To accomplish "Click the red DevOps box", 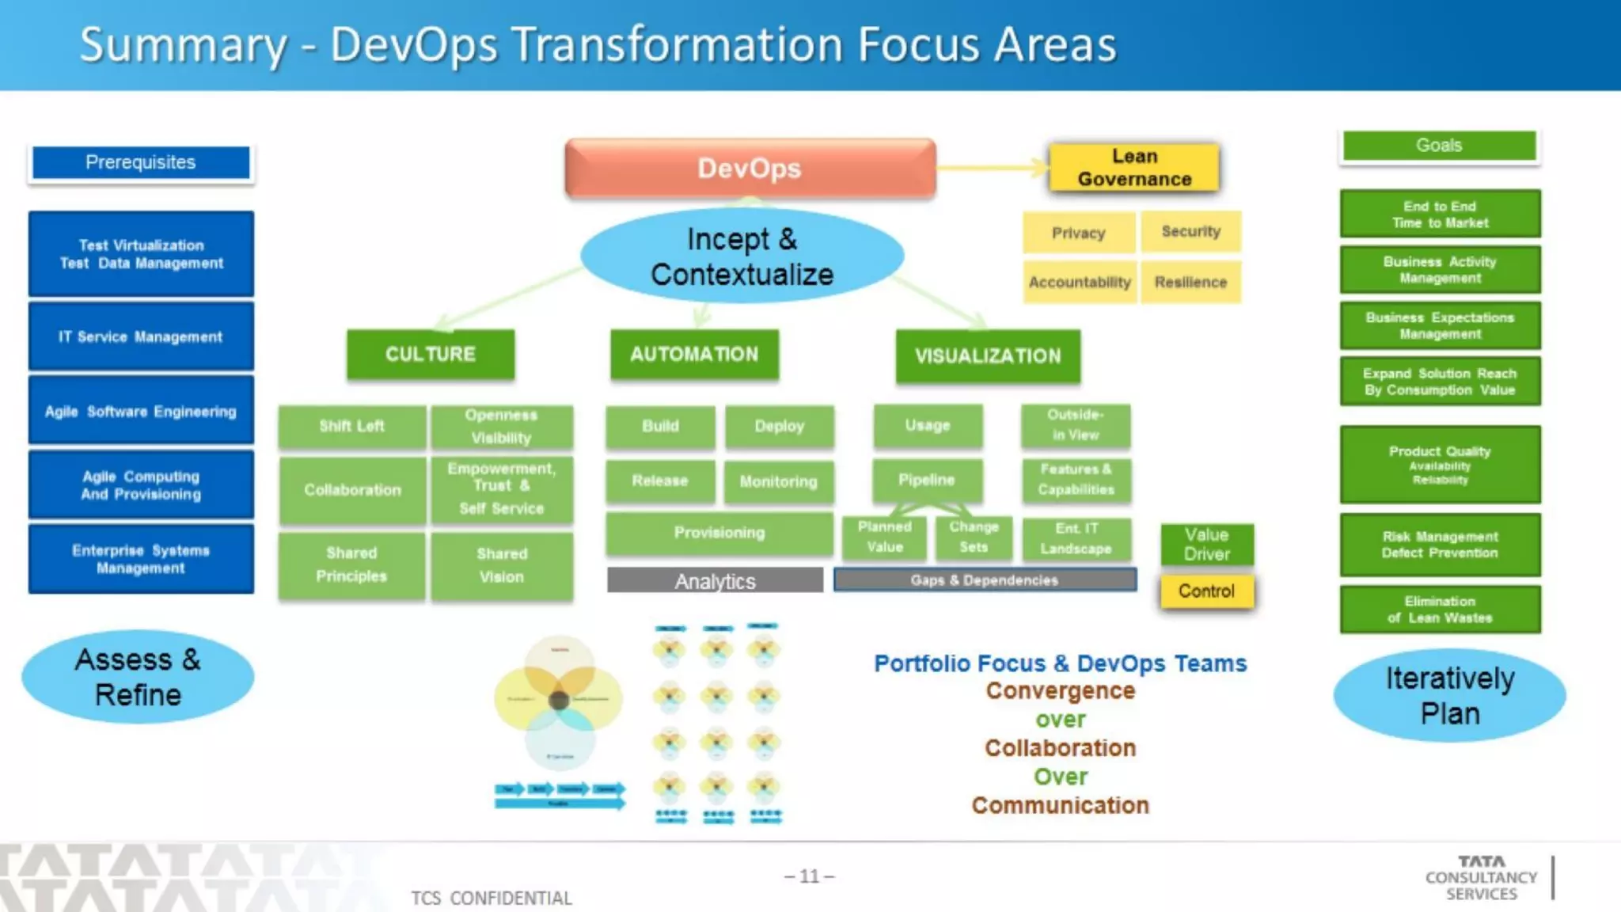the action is tap(750, 168).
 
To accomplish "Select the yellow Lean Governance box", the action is tap(1133, 168).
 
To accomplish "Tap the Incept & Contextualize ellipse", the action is tap(742, 256).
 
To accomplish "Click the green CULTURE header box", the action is tap(430, 354).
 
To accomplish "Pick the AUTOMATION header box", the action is tap(694, 354).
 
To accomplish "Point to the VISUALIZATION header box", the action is tap(987, 356).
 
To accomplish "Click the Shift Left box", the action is tap(351, 426).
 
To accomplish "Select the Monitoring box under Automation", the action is tap(778, 481).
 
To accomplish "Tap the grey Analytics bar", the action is tap(715, 581).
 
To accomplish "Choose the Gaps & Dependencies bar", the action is tap(985, 580).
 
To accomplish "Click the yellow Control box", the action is tap(1206, 591).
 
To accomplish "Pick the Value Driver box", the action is tap(1206, 544).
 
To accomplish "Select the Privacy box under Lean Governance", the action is tap(1078, 233).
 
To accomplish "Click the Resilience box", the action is tap(1190, 282).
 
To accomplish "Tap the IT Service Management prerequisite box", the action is tap(141, 336).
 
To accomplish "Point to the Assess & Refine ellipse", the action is tap(138, 677).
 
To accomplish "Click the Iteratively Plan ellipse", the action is tap(1449, 696).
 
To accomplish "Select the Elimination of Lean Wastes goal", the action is tap(1440, 610).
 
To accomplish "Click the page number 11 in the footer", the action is tap(809, 876).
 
